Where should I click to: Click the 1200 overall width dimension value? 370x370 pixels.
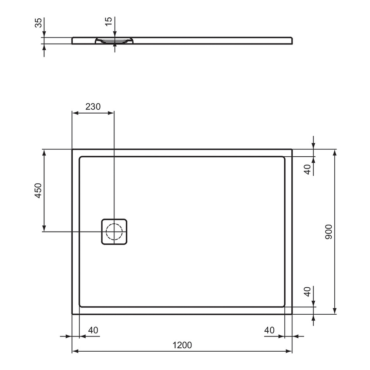coord(182,345)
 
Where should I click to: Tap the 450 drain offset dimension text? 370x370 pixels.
coord(38,191)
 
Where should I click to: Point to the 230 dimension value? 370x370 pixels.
coord(93,106)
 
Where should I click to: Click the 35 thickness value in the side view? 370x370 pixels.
coord(38,23)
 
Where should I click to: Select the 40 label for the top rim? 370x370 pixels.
coord(308,170)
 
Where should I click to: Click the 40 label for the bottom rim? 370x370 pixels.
coord(308,292)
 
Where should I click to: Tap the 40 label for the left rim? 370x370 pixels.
coord(93,330)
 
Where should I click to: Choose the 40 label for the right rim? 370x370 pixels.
coord(269,330)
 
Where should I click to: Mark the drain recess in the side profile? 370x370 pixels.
coord(114,41)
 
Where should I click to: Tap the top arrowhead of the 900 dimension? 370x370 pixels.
coord(334,153)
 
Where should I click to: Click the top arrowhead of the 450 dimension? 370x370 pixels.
coord(44,153)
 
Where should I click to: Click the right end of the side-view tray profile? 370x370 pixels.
coord(292,40)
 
